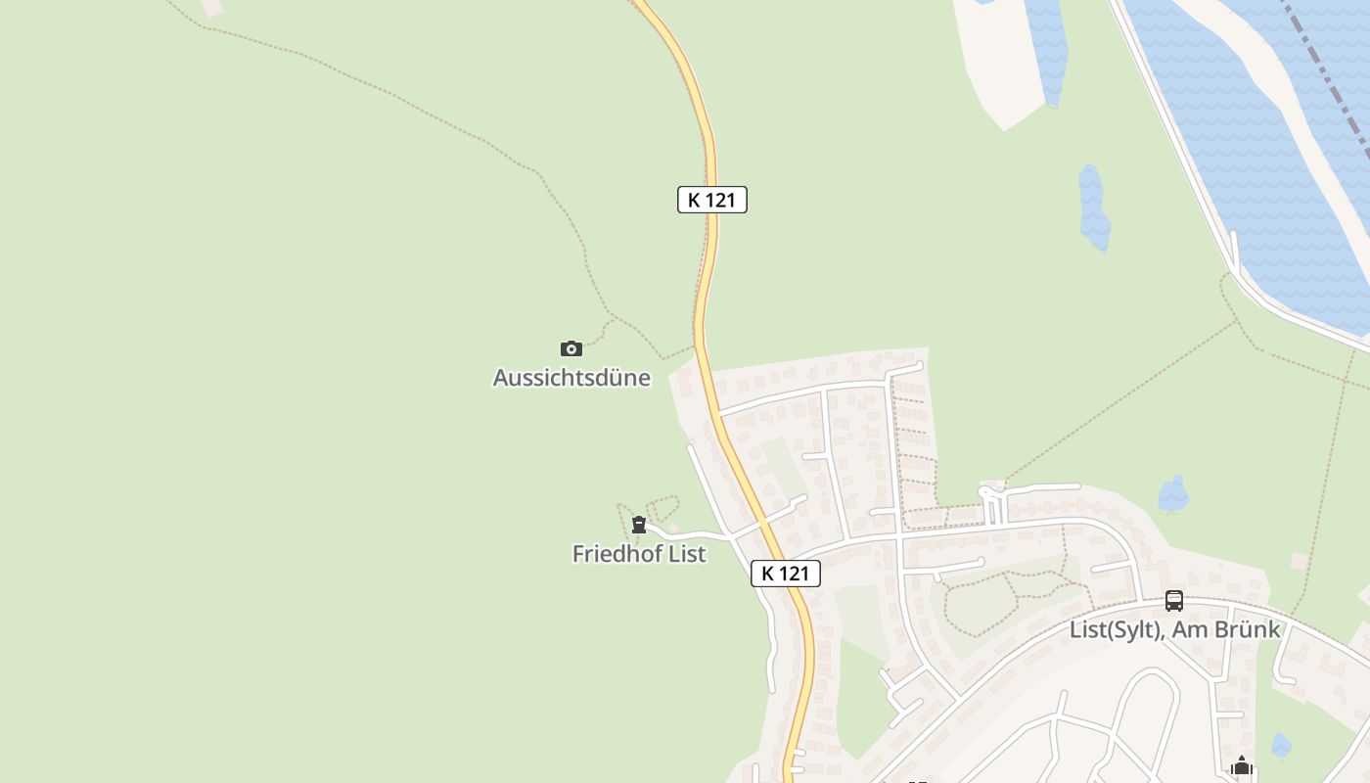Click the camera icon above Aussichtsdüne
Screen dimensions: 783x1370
[571, 348]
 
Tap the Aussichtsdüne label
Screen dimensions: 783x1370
[571, 378]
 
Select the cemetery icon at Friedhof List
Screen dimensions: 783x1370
[639, 526]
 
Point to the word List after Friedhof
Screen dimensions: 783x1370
[687, 554]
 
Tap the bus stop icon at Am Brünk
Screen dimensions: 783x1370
[1174, 601]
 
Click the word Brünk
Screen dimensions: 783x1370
[1247, 629]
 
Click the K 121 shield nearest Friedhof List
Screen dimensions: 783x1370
[785, 574]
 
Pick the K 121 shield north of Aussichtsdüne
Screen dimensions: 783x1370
[711, 200]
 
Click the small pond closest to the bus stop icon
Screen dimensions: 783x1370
[1172, 495]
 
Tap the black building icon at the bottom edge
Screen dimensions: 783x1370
[1242, 766]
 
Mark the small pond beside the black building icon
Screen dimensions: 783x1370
[1281, 745]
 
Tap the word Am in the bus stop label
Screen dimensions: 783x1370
[1188, 629]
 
